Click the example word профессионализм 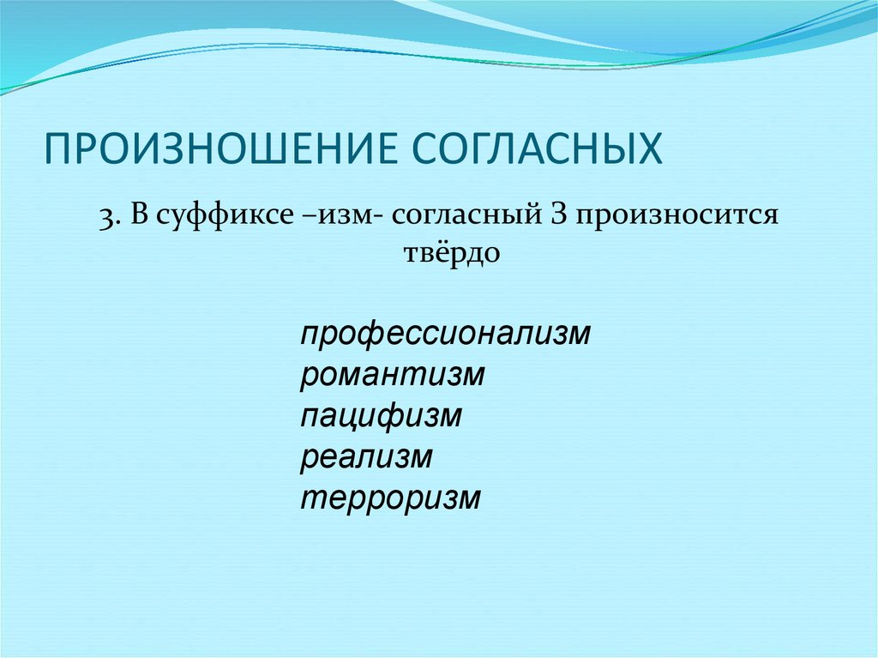(x=446, y=334)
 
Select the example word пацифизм (x=382, y=416)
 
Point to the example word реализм (x=366, y=457)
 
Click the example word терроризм (x=391, y=498)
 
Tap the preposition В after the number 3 (x=139, y=216)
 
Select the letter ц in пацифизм (x=343, y=418)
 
